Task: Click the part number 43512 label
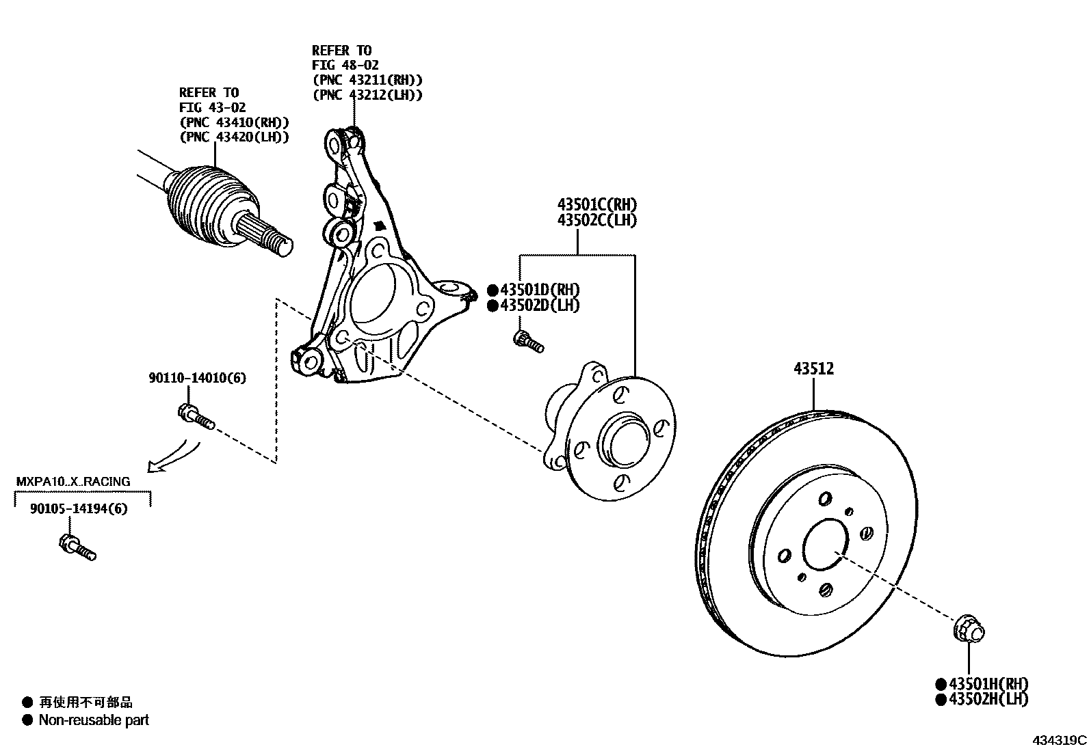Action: pos(813,369)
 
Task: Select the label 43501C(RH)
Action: pos(597,204)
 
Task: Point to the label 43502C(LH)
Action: pos(597,220)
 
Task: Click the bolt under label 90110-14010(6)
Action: pos(196,416)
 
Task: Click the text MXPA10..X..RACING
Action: pos(73,481)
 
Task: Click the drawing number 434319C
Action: pos(1060,740)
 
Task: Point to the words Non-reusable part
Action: pos(94,720)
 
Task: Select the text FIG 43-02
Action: pos(212,107)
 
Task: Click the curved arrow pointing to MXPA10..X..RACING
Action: pos(174,457)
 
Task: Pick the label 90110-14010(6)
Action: pos(197,378)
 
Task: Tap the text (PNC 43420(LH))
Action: pos(234,137)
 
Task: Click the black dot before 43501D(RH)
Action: pos(493,290)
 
